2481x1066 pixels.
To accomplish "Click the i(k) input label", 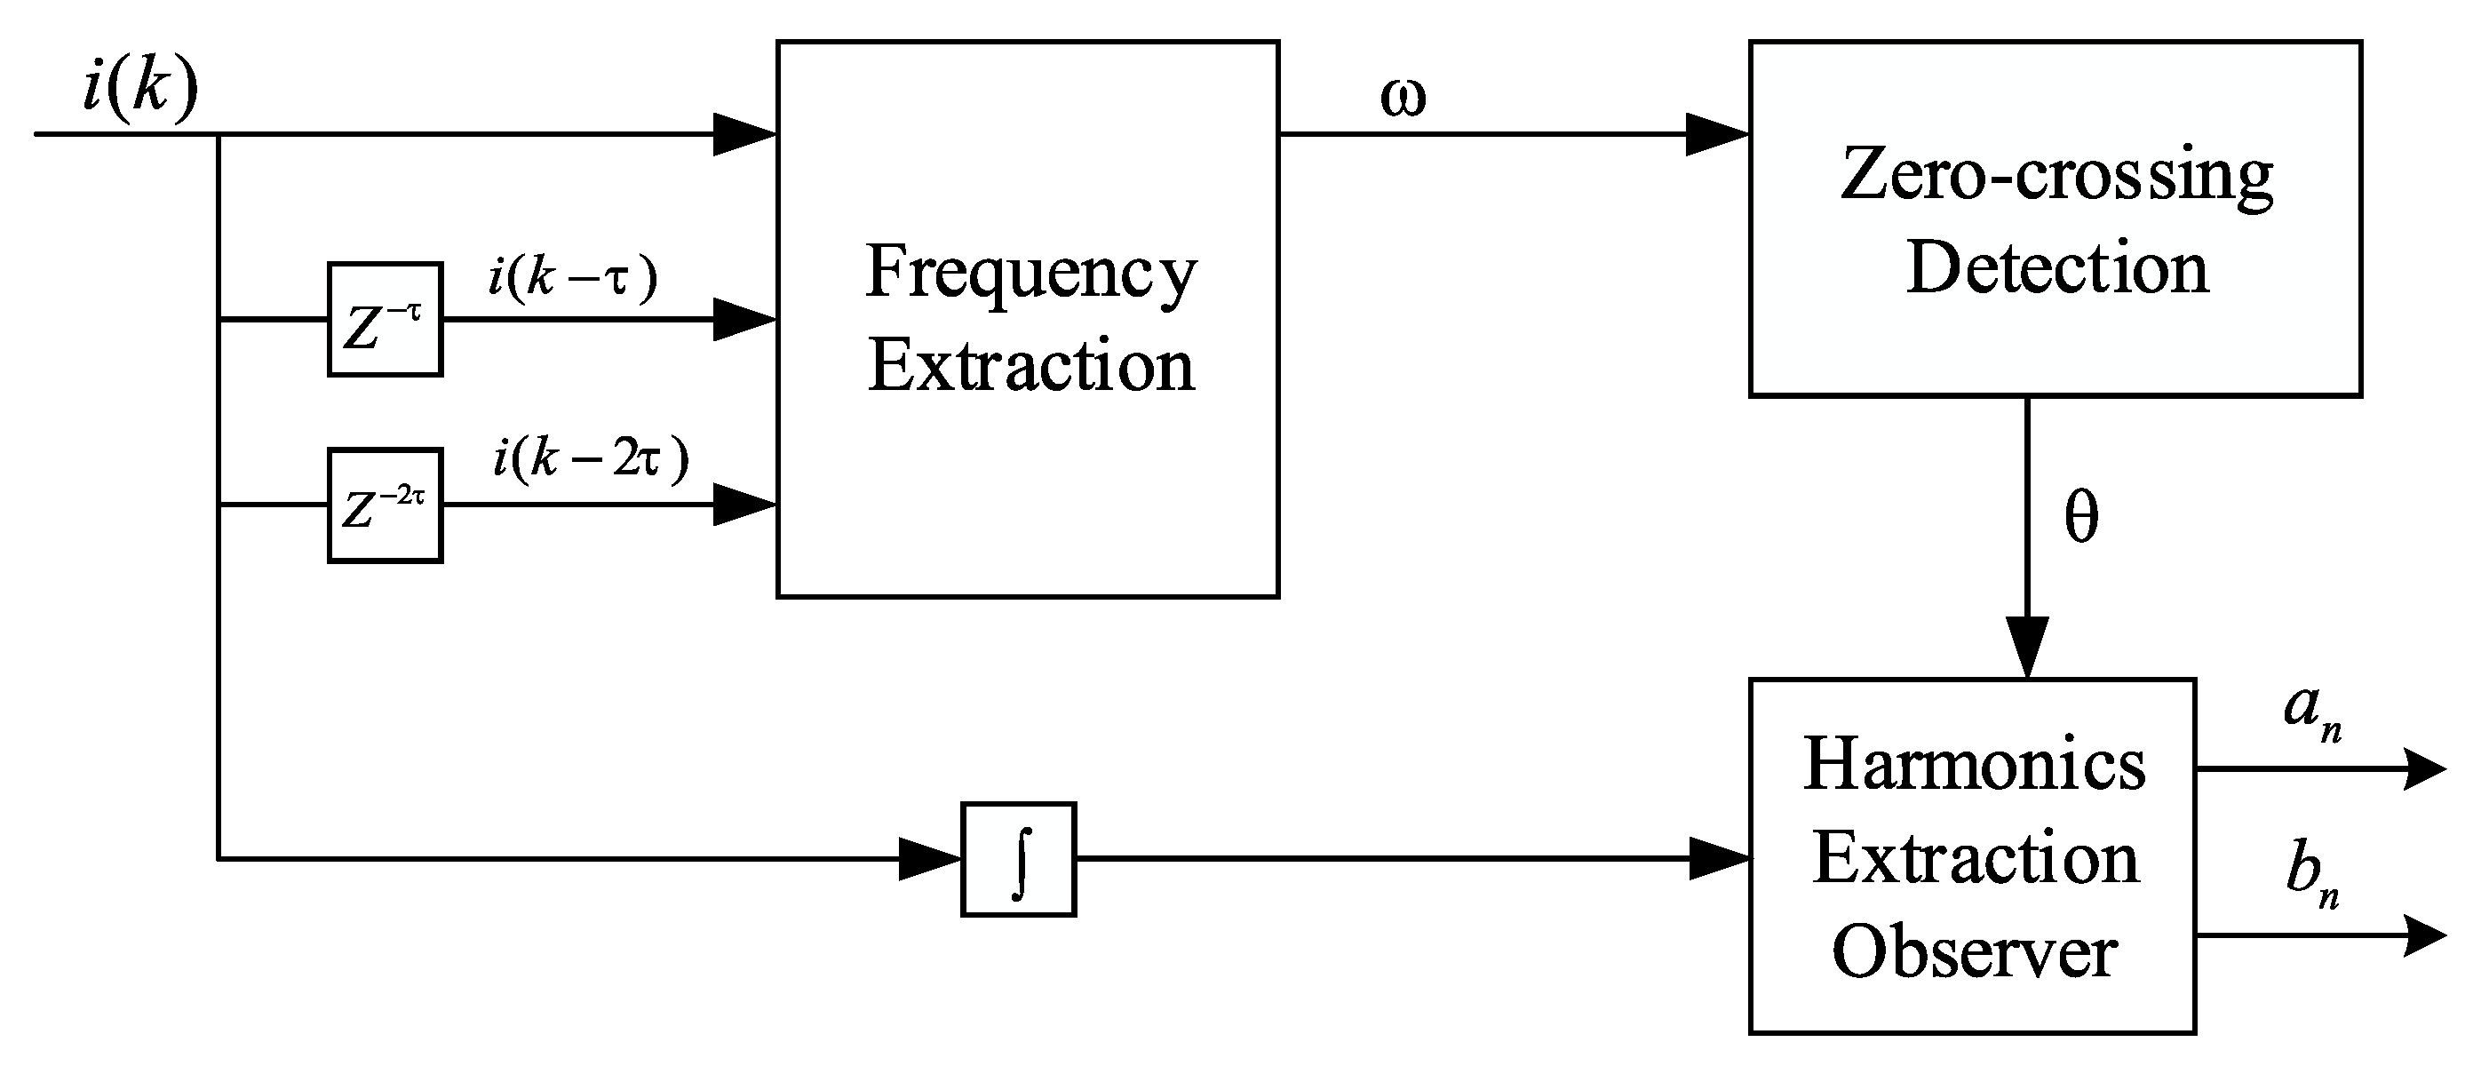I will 140,89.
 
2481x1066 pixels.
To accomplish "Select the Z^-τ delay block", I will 386,319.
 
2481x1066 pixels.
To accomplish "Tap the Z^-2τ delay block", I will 386,505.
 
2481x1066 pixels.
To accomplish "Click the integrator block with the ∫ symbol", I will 1018,859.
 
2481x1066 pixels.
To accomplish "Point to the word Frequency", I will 1030,273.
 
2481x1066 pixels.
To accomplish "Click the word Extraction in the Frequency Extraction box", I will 1030,366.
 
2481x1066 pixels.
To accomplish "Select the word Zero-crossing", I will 2056,176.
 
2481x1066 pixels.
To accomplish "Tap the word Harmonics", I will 1974,765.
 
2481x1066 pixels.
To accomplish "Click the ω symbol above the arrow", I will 1403,97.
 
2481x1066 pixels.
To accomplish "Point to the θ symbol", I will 2080,518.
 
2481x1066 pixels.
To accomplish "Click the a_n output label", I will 2311,712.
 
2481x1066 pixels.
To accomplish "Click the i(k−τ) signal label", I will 572,278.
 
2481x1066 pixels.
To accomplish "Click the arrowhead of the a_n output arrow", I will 2425,769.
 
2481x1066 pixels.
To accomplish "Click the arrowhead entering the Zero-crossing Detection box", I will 1716,134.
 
